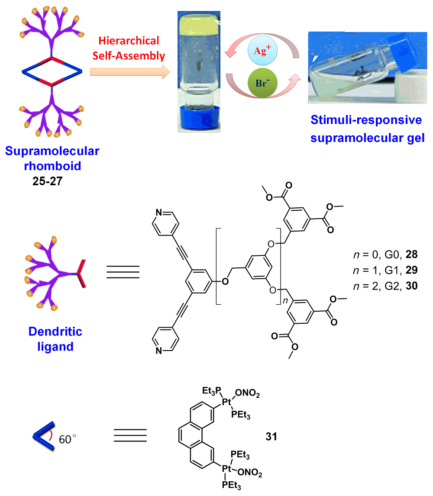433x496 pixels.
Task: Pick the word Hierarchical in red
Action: click(x=129, y=41)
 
